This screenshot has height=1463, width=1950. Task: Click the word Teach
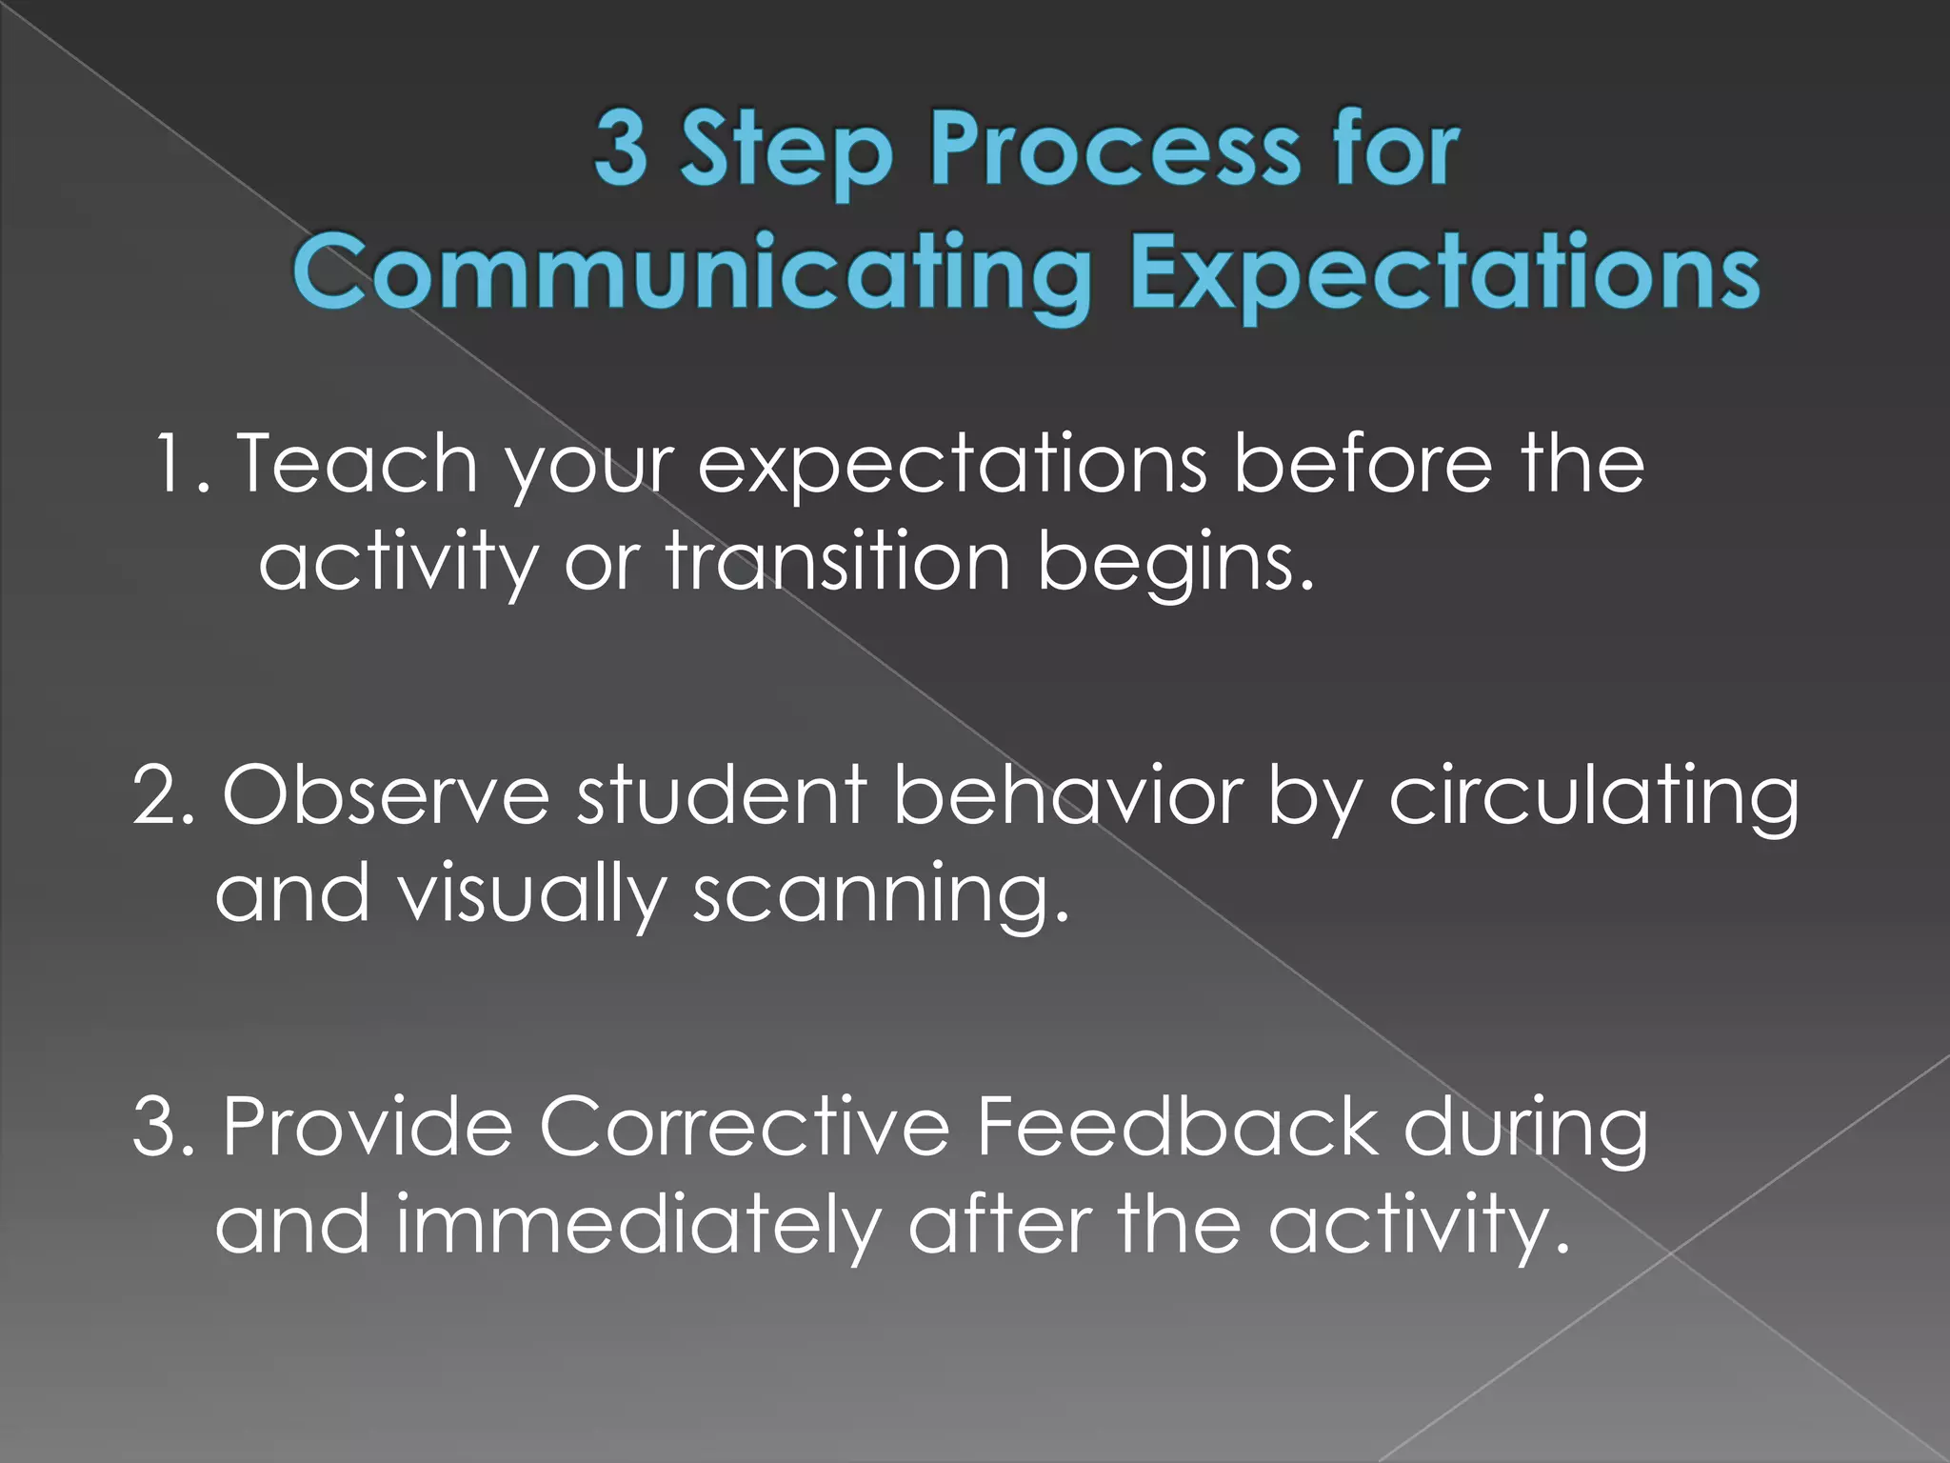[x=356, y=464]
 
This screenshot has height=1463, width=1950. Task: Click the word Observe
[x=386, y=795]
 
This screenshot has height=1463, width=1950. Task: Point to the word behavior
[x=1067, y=795]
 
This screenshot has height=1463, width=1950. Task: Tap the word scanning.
[x=881, y=895]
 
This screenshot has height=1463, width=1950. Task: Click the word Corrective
[x=744, y=1128]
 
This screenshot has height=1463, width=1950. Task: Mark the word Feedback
[x=1177, y=1128]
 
